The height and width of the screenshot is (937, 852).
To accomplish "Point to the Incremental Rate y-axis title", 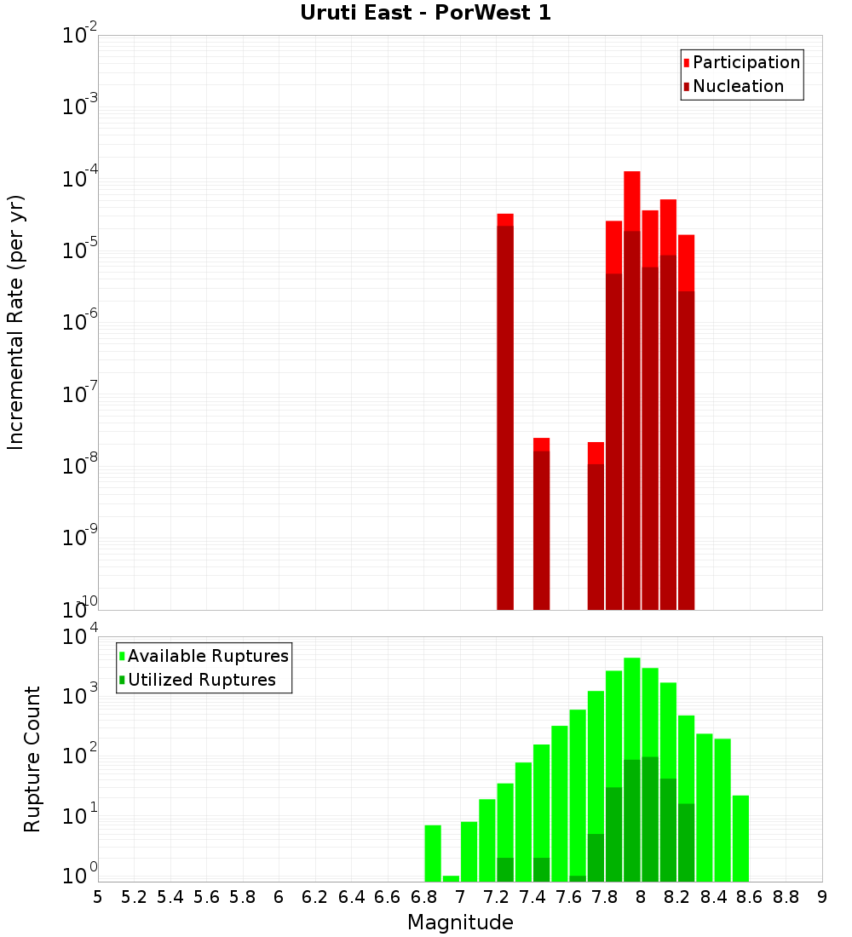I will (x=16, y=322).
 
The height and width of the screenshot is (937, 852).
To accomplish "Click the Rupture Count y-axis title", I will (x=32, y=758).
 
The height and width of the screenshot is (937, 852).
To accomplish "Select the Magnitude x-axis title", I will (x=460, y=923).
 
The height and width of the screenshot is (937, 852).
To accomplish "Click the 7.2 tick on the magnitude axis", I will (x=496, y=897).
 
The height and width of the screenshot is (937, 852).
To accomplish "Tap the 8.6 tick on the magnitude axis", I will (x=750, y=897).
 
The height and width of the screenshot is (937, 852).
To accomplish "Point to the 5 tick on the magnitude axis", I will (x=98, y=897).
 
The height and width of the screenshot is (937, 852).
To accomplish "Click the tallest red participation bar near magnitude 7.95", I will (x=632, y=200).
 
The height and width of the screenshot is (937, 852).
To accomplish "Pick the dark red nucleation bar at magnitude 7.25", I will (x=505, y=417).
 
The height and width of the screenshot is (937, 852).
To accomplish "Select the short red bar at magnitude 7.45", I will (x=541, y=444).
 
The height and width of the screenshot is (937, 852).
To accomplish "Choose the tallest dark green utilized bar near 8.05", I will (x=650, y=818).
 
